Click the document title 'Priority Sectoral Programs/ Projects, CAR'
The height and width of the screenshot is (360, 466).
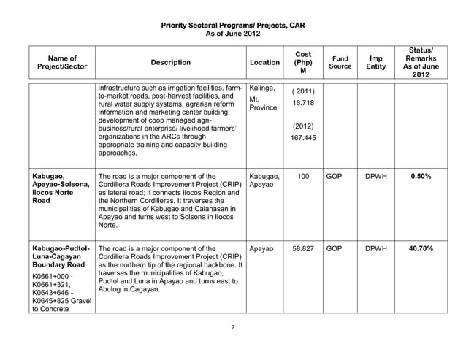point(232,26)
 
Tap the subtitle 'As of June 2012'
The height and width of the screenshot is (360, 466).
point(232,34)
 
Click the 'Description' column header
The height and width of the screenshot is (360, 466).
point(169,63)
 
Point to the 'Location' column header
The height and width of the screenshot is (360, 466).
point(264,63)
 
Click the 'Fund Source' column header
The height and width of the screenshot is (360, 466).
point(340,62)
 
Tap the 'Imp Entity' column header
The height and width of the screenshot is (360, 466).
point(375,62)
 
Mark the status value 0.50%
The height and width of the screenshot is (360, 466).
point(421,177)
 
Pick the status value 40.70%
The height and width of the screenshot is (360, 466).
point(421,249)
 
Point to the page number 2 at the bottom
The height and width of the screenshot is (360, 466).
point(232,327)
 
